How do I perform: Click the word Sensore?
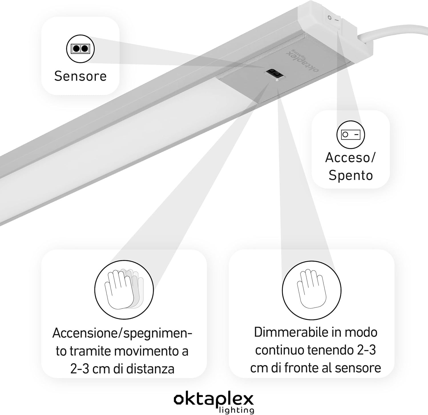click(80, 76)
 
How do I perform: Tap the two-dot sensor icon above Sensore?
click(80, 49)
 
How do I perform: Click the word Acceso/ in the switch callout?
click(350, 157)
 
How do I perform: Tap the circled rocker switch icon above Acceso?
click(351, 135)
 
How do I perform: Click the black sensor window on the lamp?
click(274, 74)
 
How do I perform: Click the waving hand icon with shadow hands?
click(124, 289)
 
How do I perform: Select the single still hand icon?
click(312, 289)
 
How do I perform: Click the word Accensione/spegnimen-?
click(122, 333)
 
